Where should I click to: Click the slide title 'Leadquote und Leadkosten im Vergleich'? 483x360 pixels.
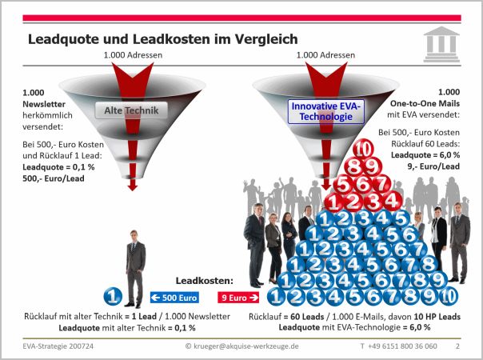(162, 38)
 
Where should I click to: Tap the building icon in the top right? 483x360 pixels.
(441, 42)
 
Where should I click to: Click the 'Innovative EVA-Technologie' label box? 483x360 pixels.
(325, 111)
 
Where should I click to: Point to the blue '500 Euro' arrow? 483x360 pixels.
(174, 297)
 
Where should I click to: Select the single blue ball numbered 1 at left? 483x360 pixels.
(114, 296)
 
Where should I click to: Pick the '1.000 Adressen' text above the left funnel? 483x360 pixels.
(132, 55)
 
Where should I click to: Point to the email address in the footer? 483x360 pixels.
(241, 346)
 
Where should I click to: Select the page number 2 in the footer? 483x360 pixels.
(457, 346)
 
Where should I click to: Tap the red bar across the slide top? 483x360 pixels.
(241, 17)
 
